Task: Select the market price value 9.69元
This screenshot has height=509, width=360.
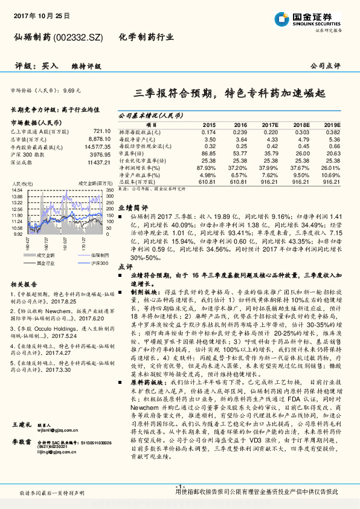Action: pos(71,90)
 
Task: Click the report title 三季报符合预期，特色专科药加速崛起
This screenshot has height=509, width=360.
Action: pos(230,94)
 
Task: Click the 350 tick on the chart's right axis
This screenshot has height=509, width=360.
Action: pos(110,191)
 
